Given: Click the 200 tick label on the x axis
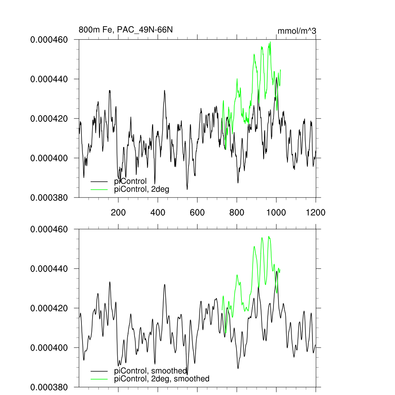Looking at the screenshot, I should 118,212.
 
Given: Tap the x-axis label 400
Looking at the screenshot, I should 158,212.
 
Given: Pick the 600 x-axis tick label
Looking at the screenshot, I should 197,212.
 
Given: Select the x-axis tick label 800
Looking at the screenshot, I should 236,212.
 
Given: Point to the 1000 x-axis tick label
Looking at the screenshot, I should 276,212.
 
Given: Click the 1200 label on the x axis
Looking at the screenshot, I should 316,212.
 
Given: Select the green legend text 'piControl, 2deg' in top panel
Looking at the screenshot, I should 142,189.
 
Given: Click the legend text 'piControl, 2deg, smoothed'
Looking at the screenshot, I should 162,379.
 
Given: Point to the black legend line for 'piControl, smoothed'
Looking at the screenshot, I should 99,371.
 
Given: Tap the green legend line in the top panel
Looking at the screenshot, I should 99,189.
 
